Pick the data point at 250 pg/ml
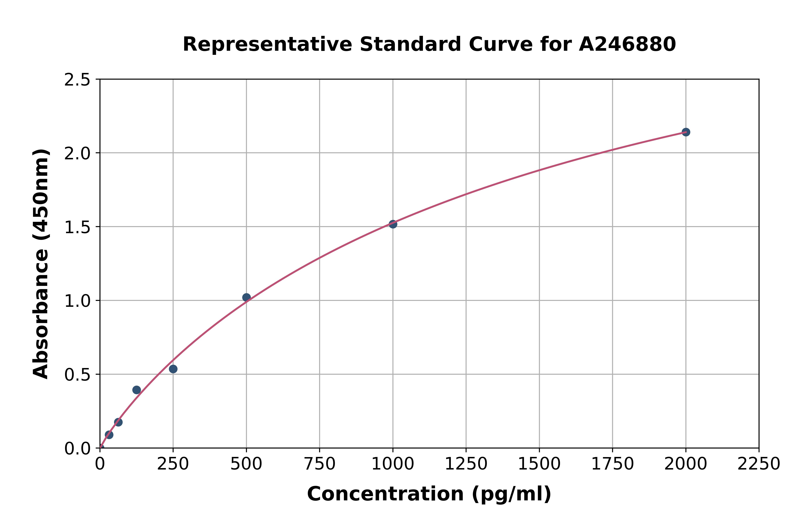point(173,369)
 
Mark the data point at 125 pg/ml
point(137,390)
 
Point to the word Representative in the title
point(267,44)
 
